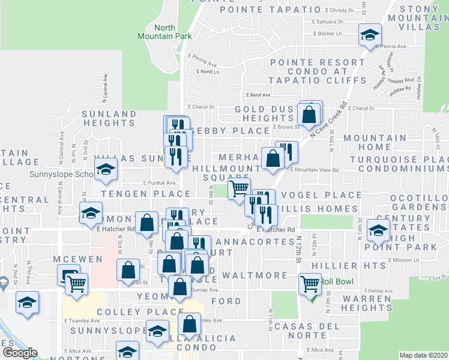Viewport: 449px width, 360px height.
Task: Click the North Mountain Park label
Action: click(x=172, y=32)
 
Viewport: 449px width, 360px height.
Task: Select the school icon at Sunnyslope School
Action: click(x=106, y=172)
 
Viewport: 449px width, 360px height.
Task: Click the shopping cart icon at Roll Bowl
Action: click(x=310, y=283)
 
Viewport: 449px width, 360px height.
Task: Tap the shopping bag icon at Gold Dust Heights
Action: click(x=309, y=115)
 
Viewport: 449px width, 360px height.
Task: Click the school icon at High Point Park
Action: click(x=378, y=230)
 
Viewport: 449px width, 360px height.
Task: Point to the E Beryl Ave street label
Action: click(x=259, y=95)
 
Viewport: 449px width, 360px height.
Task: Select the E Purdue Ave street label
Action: click(x=159, y=183)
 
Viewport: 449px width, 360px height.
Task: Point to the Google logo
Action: click(x=20, y=353)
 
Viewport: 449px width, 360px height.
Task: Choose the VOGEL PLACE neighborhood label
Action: click(x=321, y=196)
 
